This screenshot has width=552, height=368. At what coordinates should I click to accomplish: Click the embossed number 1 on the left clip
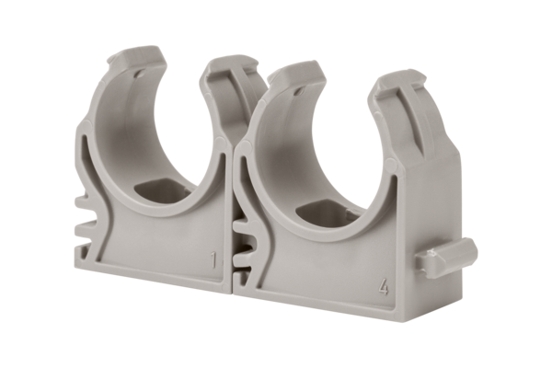point(213,263)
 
